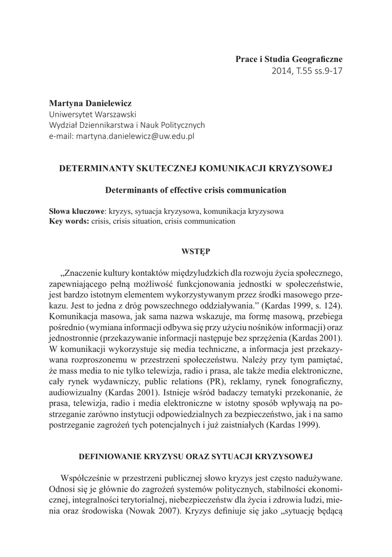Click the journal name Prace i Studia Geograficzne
289,58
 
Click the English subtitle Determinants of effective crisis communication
195,190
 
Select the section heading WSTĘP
195,251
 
